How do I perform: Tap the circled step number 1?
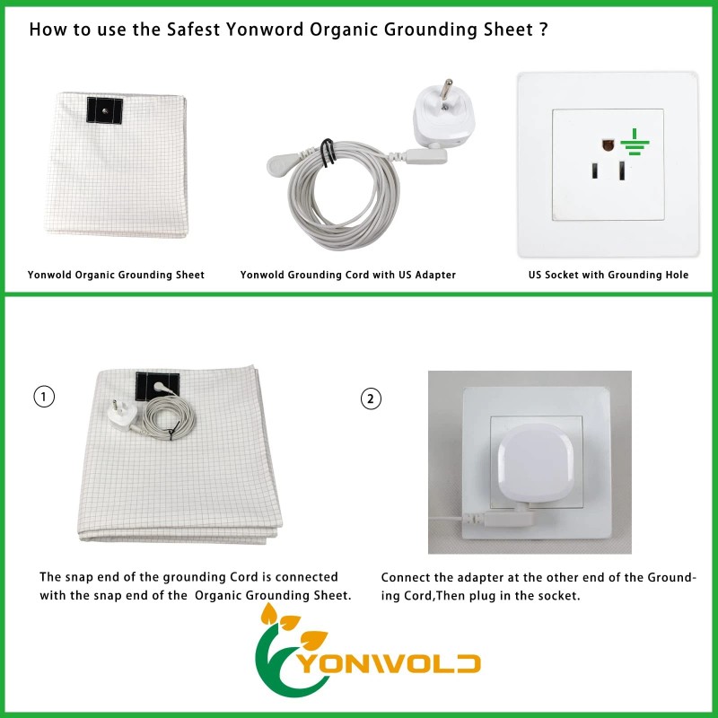[42, 395]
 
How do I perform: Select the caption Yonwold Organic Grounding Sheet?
[116, 275]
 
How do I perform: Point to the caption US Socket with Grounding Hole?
[609, 275]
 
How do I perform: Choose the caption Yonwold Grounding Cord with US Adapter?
[348, 275]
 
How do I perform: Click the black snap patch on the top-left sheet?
[105, 109]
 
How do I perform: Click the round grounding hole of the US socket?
[607, 143]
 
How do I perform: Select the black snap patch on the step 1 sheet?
[152, 389]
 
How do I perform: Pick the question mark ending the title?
[544, 30]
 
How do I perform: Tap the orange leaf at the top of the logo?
[267, 615]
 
